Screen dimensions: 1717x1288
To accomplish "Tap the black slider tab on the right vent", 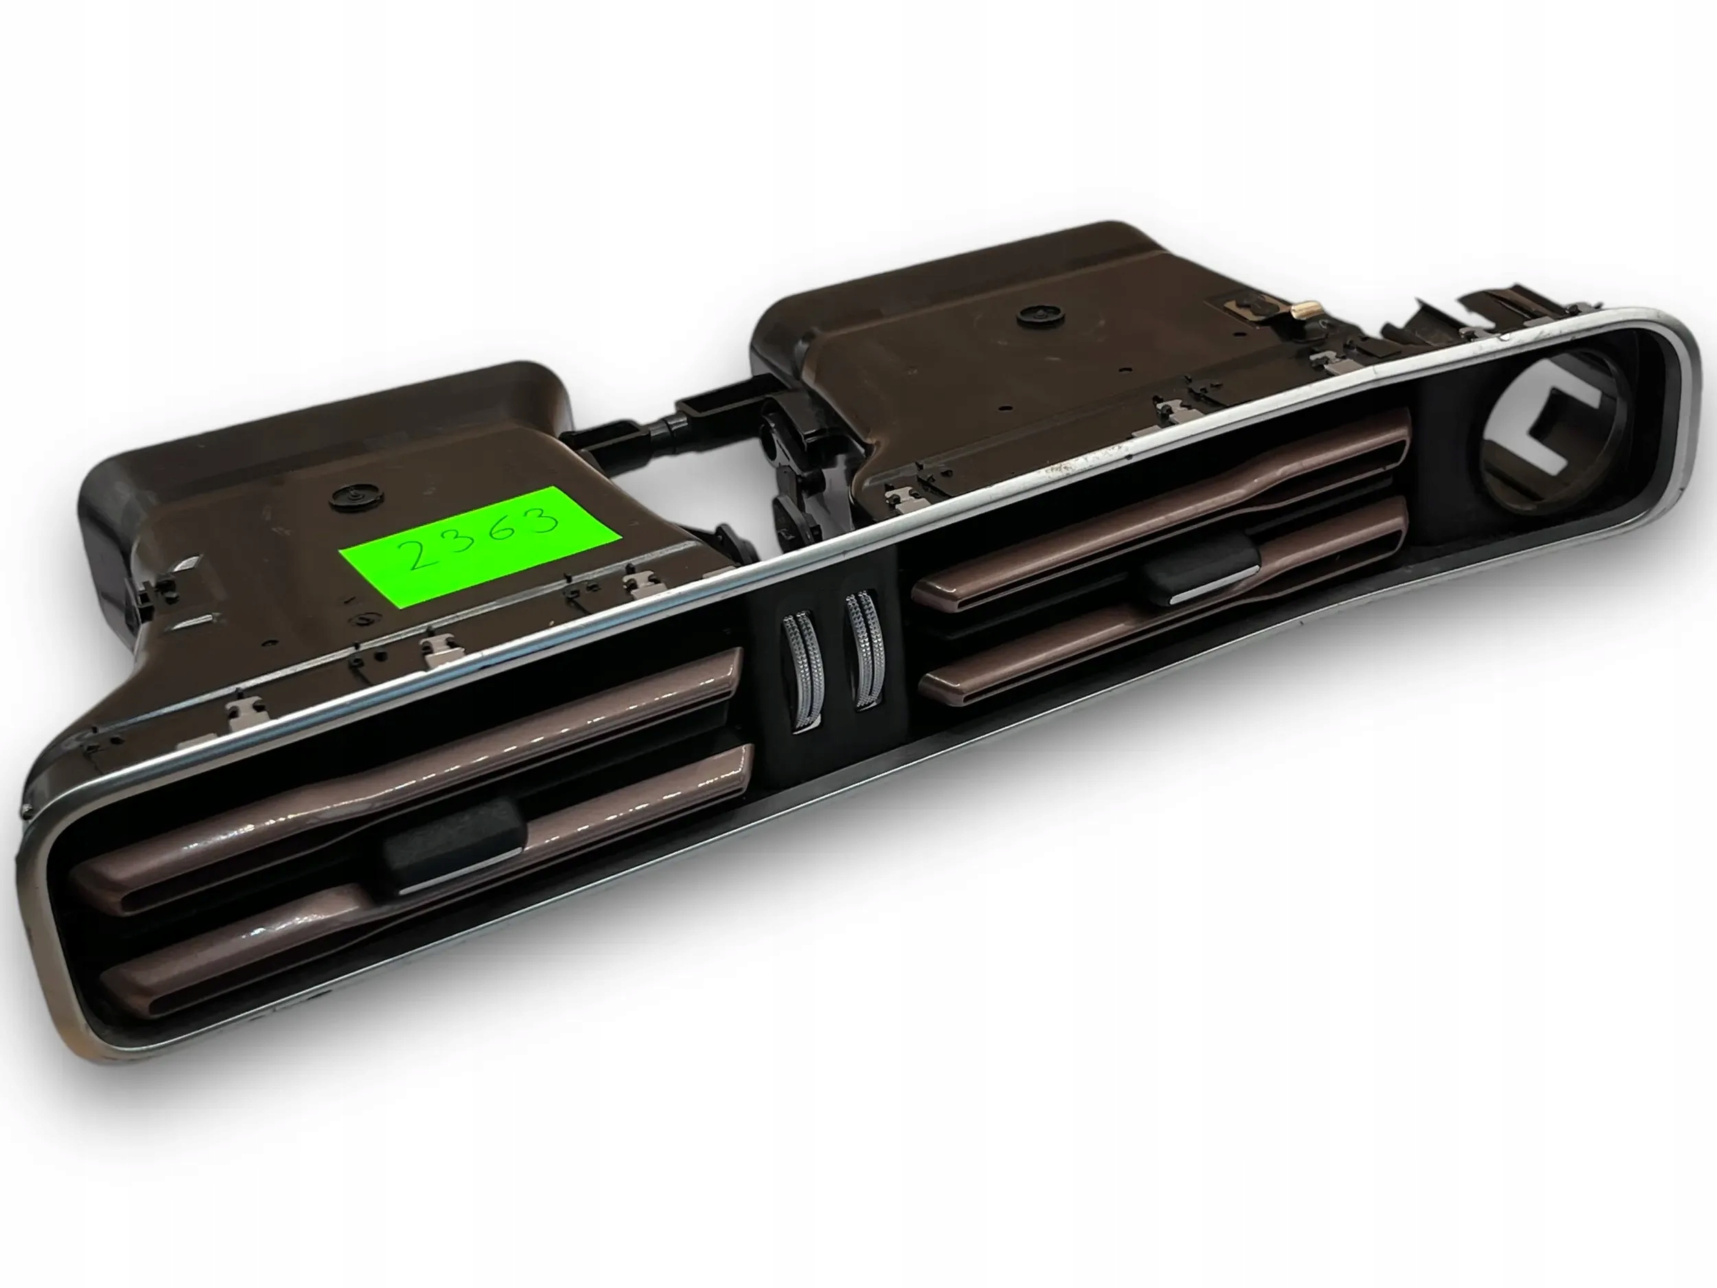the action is click(1200, 572).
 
